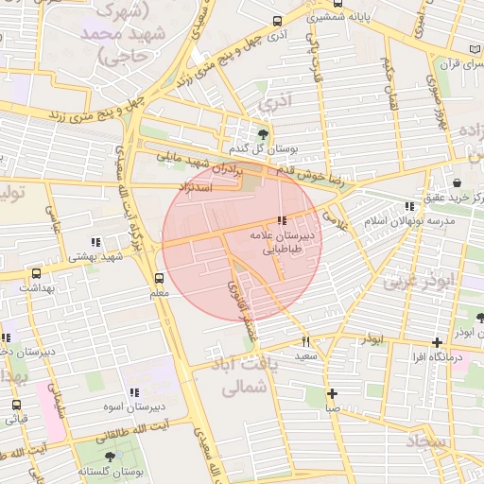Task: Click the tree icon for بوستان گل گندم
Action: tap(263, 133)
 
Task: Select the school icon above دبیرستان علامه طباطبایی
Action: tap(282, 220)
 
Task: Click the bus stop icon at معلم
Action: tap(159, 279)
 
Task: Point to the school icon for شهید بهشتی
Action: tap(95, 242)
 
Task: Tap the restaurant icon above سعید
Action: tap(305, 341)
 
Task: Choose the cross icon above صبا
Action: tap(332, 394)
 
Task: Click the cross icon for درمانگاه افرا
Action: tap(436, 342)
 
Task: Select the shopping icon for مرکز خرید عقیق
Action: tap(458, 181)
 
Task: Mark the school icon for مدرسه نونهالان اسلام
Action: tap(408, 206)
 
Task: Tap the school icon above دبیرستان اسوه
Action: tap(133, 391)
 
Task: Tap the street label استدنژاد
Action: tap(199, 188)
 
